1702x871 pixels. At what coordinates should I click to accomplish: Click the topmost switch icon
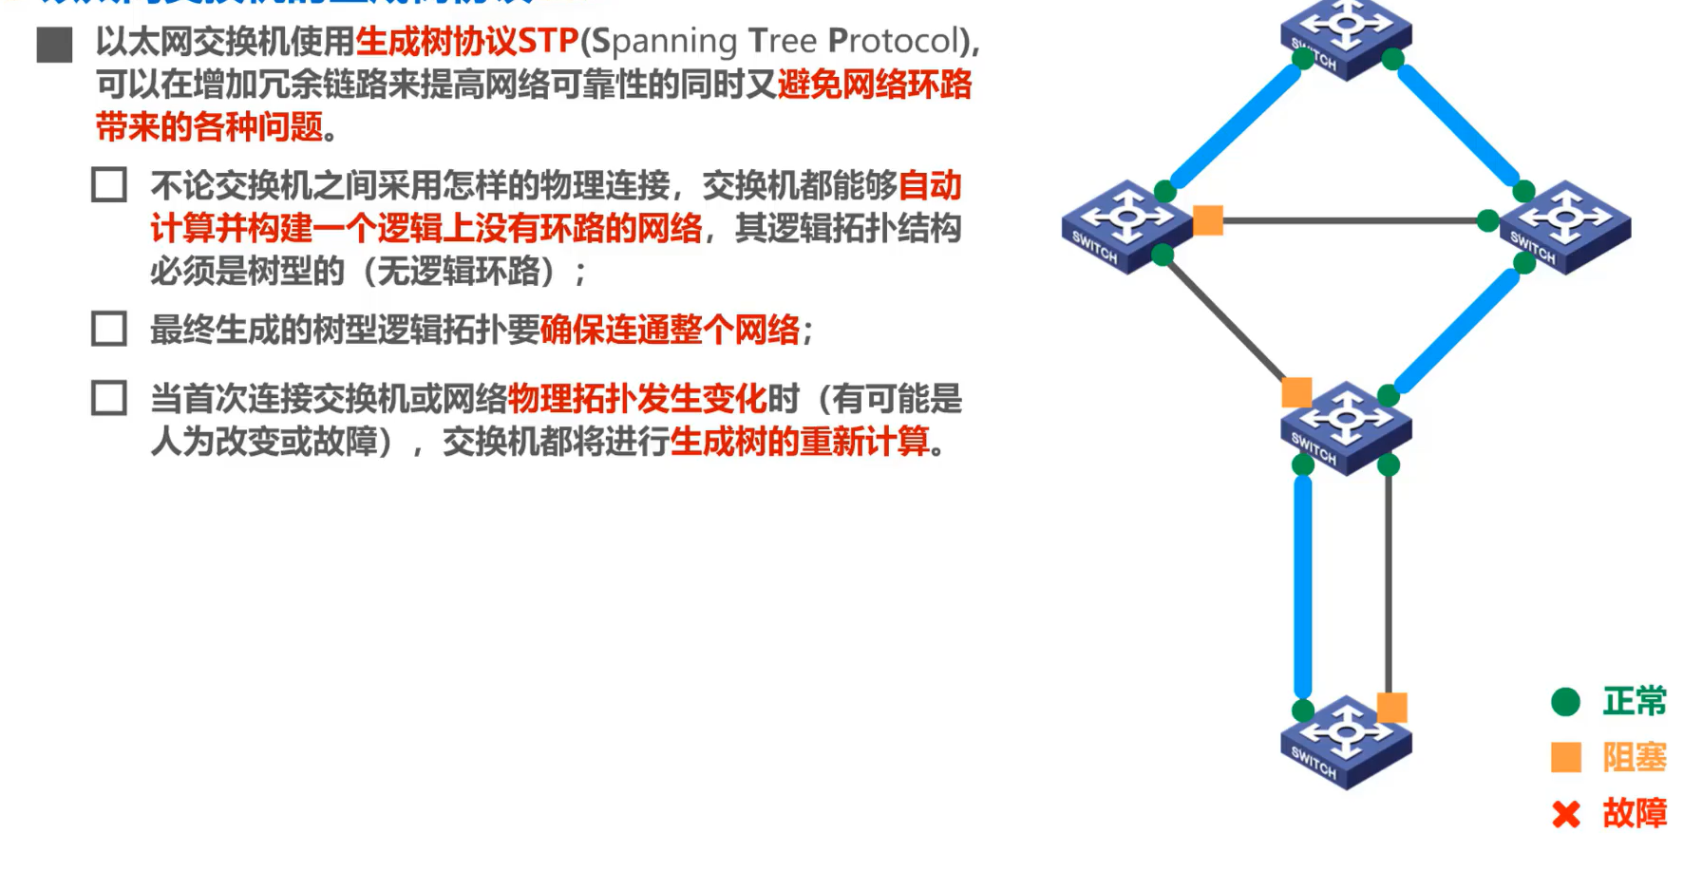[1345, 36]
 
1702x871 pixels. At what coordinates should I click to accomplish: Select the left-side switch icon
[1126, 226]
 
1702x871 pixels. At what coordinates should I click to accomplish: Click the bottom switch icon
[1345, 742]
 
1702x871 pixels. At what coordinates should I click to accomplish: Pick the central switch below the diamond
[1345, 427]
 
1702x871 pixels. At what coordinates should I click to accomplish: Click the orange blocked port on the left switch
[1207, 220]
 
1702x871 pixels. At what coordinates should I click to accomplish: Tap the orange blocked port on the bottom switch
[1391, 708]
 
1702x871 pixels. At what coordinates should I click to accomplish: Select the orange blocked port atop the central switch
[1296, 392]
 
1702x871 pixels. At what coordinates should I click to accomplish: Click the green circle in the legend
[1565, 702]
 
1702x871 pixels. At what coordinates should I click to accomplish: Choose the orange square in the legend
[1565, 757]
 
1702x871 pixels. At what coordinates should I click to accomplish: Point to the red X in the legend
[1565, 814]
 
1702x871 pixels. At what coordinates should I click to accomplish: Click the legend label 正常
[1635, 702]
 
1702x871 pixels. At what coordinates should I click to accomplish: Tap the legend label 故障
[1635, 814]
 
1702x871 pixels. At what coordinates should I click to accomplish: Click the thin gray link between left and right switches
[1349, 220]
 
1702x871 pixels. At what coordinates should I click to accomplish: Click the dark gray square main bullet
[54, 45]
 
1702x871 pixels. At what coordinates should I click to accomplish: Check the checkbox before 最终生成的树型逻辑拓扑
[109, 329]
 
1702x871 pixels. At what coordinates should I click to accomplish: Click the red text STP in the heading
[548, 41]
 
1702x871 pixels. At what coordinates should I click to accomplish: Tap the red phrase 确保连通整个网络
[670, 331]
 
